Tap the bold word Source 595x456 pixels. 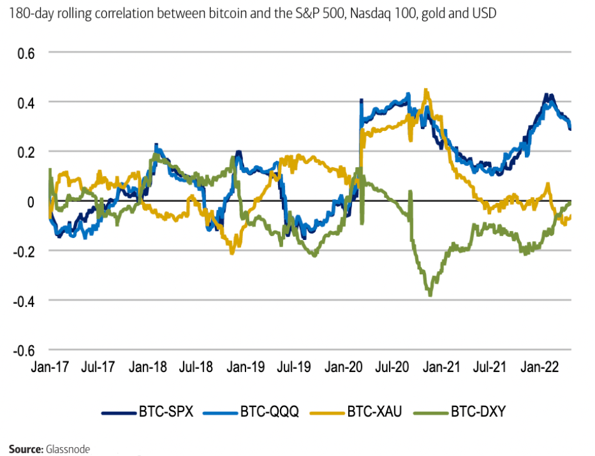[24, 449]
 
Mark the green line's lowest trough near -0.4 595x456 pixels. [430, 294]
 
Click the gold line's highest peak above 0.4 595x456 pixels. [426, 90]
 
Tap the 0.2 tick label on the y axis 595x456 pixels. [24, 152]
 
